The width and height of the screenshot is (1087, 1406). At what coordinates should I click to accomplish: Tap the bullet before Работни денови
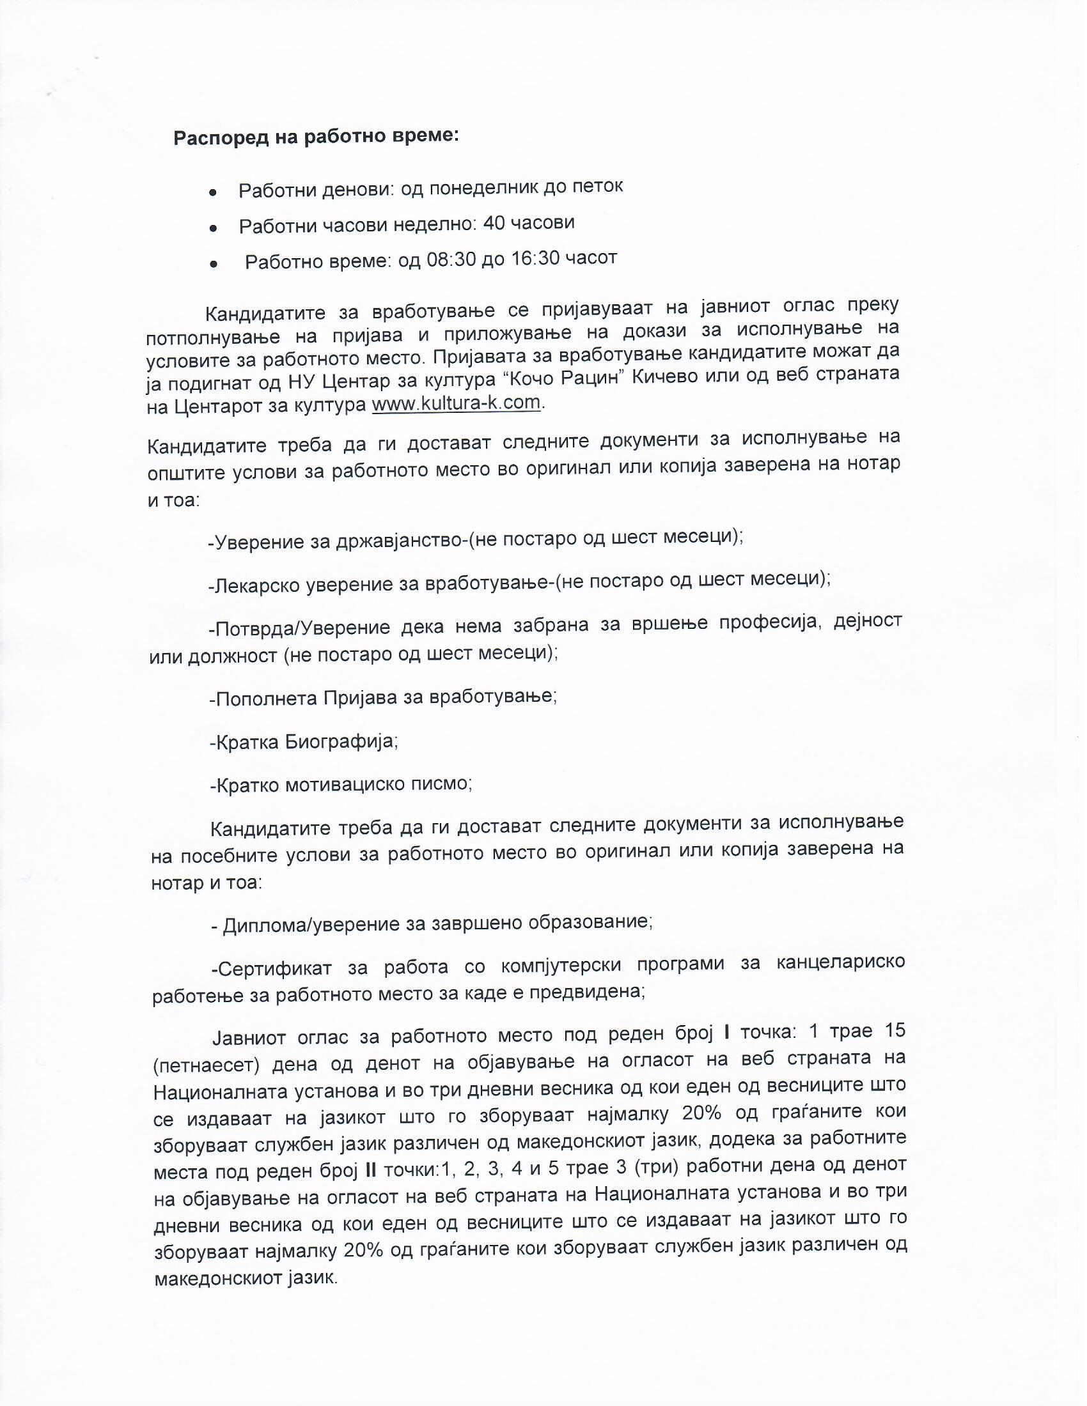[x=212, y=193]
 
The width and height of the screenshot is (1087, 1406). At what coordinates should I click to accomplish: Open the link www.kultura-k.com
[x=456, y=404]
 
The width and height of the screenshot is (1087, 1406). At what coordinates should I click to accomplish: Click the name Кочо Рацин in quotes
[x=566, y=378]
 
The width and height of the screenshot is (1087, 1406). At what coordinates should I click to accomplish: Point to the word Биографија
[x=341, y=741]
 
